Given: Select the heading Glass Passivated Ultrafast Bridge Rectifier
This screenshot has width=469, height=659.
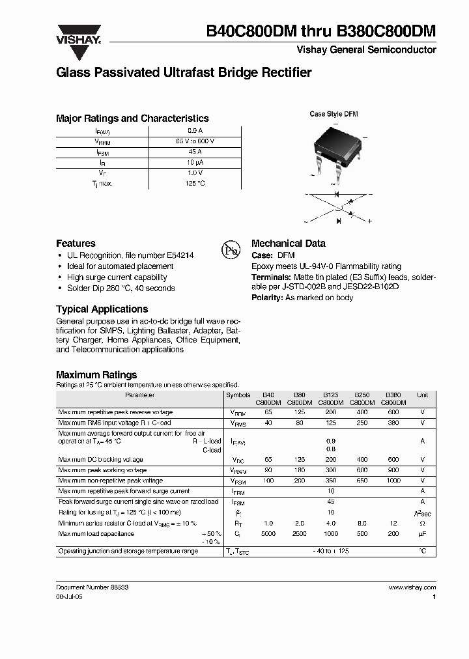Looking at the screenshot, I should point(184,72).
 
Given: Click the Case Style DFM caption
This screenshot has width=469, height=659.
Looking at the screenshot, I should point(334,114).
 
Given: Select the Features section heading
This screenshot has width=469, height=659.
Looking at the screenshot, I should point(76,243).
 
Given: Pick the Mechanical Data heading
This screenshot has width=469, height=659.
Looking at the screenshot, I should point(288,243).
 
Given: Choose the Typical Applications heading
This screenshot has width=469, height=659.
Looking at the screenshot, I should point(102,309).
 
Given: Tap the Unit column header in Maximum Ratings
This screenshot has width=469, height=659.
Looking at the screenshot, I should point(423,395).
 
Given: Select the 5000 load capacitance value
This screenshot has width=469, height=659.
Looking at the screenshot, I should point(268,534).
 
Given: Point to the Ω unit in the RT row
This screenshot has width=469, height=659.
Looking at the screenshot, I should point(423,524).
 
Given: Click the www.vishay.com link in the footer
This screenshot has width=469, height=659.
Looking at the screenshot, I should point(412,587).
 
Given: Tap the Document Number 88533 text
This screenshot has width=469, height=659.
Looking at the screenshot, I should point(92,587).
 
